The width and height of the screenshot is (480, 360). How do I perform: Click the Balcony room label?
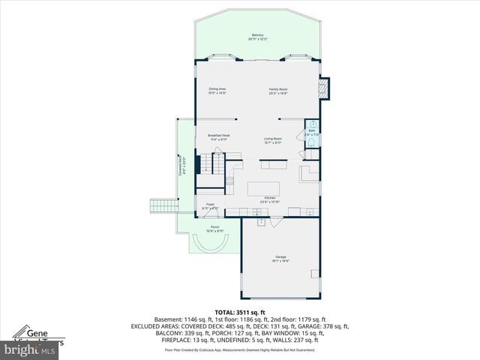coord(257,37)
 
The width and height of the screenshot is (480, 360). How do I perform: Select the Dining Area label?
coord(217,91)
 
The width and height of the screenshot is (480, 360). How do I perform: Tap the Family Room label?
coord(279,91)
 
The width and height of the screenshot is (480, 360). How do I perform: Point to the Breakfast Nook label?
coord(218,137)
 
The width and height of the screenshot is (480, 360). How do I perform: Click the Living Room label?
coord(272,140)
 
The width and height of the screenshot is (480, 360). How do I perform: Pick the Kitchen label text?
coord(269,200)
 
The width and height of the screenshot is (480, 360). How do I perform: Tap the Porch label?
coord(214,229)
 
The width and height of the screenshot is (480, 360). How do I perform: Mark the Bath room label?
coord(311,131)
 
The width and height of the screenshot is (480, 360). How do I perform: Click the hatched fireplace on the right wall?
coord(323,90)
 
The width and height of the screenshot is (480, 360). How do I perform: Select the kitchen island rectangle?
coord(263,186)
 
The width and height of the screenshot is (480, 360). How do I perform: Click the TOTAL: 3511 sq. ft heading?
coord(240,311)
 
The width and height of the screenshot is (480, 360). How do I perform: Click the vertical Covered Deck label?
coord(181,166)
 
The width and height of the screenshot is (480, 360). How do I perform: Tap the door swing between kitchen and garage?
coord(261,220)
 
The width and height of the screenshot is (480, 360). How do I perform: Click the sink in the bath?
coord(313,124)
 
